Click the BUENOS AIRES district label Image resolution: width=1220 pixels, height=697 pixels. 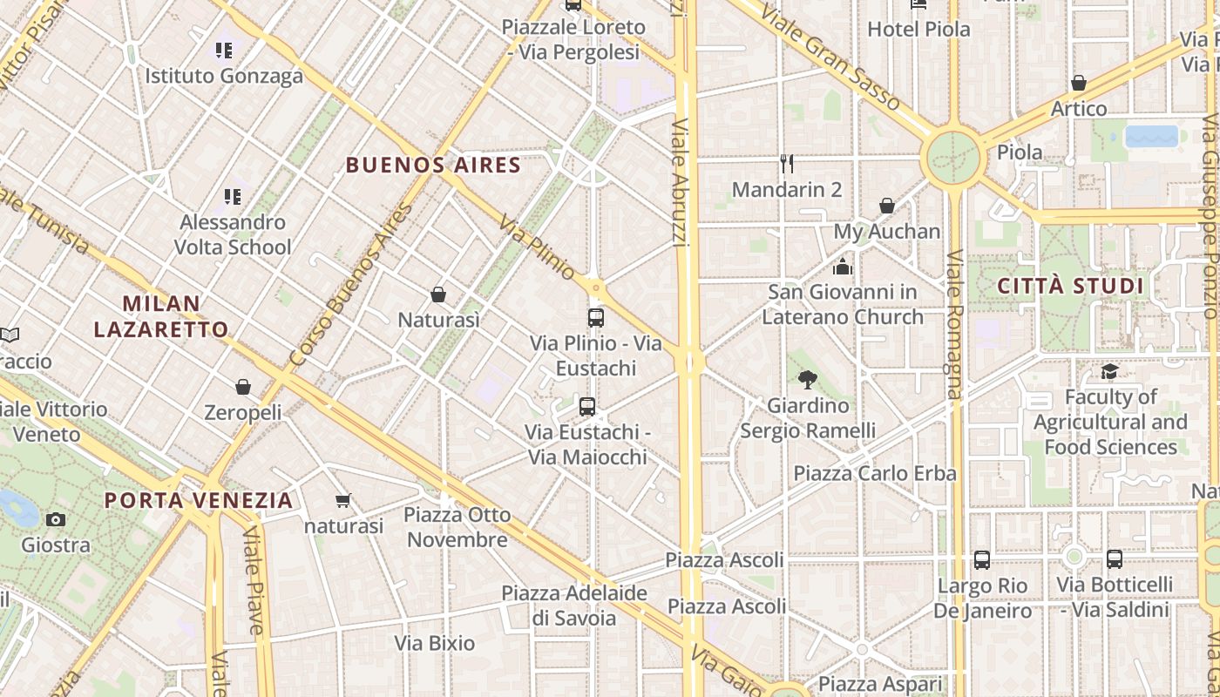pyautogui.click(x=433, y=166)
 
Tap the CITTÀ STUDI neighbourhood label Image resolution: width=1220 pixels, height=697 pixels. pyautogui.click(x=1069, y=286)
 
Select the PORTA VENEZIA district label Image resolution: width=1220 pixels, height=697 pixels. pyautogui.click(x=199, y=500)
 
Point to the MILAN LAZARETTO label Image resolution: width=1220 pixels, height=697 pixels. pyautogui.click(x=161, y=316)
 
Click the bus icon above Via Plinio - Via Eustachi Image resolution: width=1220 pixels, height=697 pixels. pyautogui.click(x=596, y=318)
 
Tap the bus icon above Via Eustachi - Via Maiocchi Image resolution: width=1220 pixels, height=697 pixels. pyautogui.click(x=587, y=406)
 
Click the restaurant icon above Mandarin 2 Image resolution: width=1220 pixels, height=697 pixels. pyautogui.click(x=787, y=164)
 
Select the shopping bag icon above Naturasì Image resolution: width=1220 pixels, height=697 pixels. pyautogui.click(x=438, y=294)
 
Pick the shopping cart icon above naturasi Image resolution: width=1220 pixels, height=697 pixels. pyautogui.click(x=343, y=501)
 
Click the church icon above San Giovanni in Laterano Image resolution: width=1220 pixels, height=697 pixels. pyautogui.click(x=843, y=267)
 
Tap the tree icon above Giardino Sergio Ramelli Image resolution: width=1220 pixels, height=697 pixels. pyautogui.click(x=808, y=379)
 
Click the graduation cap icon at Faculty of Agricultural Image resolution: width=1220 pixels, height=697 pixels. pyautogui.click(x=1109, y=372)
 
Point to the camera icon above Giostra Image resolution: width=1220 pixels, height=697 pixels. pyautogui.click(x=56, y=520)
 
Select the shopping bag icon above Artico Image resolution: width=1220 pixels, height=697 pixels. pyautogui.click(x=1079, y=83)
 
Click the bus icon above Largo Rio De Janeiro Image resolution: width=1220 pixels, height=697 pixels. pyautogui.click(x=982, y=559)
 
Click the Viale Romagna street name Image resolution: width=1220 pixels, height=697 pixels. pyautogui.click(x=954, y=324)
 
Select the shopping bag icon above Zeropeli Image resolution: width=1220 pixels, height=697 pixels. pyautogui.click(x=243, y=386)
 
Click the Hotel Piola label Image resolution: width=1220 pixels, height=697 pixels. pyautogui.click(x=918, y=29)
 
